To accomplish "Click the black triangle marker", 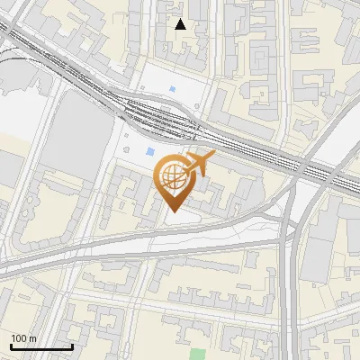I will [x=181, y=24].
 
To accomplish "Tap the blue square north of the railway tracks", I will [x=172, y=89].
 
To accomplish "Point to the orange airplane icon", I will [x=198, y=164].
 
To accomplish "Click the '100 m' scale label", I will [x=23, y=338].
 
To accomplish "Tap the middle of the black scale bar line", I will [x=41, y=346].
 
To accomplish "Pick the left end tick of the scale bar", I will [x=11, y=346].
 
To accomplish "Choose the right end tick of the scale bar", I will [x=72, y=346].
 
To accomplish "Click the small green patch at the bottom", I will [x=198, y=354].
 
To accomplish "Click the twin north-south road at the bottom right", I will [x=289, y=297].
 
